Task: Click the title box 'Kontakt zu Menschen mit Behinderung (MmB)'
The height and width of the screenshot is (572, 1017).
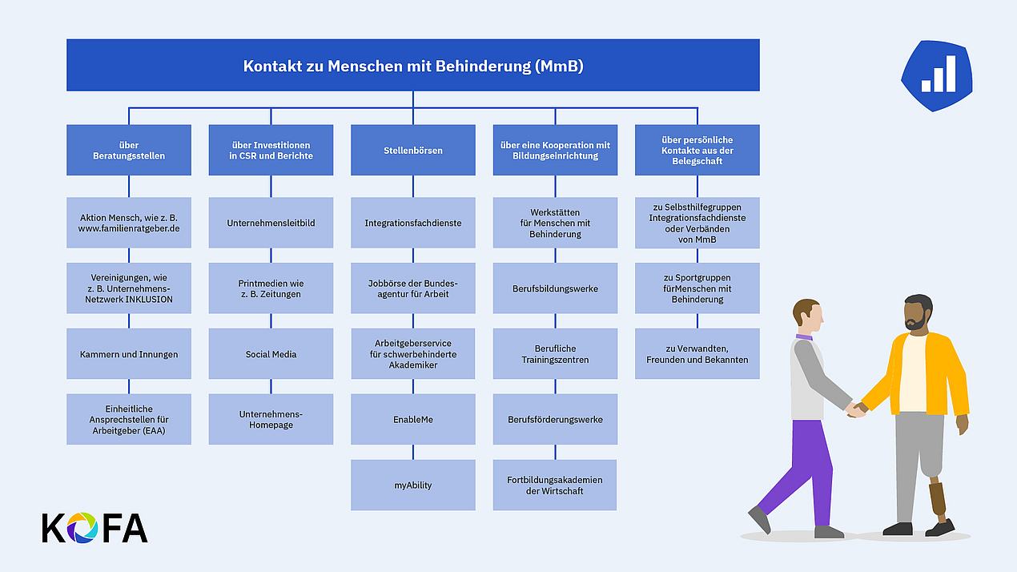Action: [412, 65]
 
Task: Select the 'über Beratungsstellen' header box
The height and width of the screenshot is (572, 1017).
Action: [129, 150]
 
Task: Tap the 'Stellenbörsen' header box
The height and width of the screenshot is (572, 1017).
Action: [412, 150]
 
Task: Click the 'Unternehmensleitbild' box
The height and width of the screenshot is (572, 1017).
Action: [271, 223]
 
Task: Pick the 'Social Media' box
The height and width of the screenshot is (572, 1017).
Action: [271, 354]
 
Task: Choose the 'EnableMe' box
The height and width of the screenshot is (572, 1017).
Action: [412, 419]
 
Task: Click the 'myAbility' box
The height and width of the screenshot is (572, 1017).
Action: [412, 485]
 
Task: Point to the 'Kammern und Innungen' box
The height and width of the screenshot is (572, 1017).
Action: [129, 354]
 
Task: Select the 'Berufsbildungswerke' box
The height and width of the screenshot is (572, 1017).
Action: [555, 288]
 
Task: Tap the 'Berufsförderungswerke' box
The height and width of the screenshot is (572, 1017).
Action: [555, 419]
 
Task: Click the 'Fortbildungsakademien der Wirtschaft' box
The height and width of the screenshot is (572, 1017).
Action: [555, 485]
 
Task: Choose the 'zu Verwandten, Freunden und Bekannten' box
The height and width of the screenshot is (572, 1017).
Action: [697, 354]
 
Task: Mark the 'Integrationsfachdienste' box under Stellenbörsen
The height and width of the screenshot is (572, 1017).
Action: [412, 223]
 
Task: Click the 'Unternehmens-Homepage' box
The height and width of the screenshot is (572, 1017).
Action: [271, 419]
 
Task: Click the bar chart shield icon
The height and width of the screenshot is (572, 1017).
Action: [937, 76]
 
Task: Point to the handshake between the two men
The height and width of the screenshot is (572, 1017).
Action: [856, 410]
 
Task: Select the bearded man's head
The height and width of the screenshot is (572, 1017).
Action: [918, 312]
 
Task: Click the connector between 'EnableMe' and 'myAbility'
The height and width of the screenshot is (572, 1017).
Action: [412, 452]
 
